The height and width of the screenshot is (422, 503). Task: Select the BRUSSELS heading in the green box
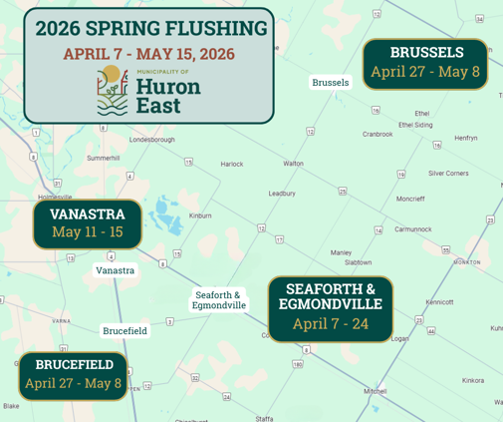click(x=426, y=52)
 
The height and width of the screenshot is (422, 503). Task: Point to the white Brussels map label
click(x=331, y=82)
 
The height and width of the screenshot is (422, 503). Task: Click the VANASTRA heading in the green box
click(x=88, y=213)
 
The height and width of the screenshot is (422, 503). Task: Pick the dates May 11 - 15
click(x=88, y=232)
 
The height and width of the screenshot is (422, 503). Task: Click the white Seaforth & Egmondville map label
click(x=219, y=299)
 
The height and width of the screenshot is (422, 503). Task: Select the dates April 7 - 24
click(x=331, y=323)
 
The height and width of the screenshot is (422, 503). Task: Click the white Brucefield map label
click(x=126, y=330)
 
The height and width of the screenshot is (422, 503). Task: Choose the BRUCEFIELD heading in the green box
click(x=74, y=365)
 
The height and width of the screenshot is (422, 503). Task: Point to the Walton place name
click(x=294, y=163)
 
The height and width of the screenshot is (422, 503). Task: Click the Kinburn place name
click(x=200, y=215)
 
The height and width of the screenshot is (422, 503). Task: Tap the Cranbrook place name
click(x=377, y=134)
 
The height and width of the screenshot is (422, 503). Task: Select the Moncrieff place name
click(x=409, y=199)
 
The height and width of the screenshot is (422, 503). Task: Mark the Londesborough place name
click(x=151, y=140)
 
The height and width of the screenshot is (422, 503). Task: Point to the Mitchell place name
click(x=376, y=391)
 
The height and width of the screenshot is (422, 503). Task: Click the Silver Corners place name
click(x=448, y=173)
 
